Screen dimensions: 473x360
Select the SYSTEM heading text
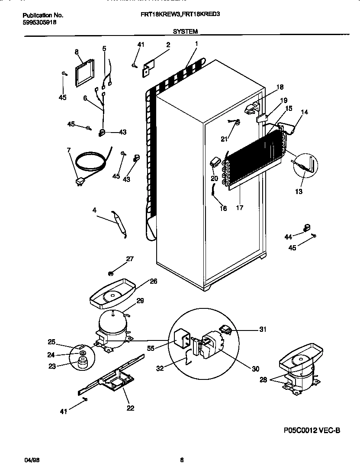tap(185, 32)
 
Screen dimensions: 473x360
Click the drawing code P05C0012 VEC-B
tap(312, 430)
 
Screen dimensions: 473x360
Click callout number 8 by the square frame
tap(77, 52)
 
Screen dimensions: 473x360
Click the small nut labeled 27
tap(111, 273)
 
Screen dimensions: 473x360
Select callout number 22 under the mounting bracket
tap(130, 408)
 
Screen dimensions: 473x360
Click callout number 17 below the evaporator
tap(239, 208)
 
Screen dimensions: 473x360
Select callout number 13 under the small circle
tap(299, 191)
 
